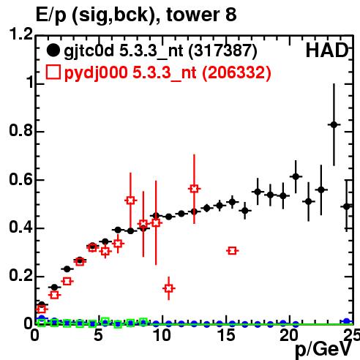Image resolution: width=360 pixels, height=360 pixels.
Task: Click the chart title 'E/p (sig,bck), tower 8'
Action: pos(136,15)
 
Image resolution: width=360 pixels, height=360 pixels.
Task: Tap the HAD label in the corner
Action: pos(327,50)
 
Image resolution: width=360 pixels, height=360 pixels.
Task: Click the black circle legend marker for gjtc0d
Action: pos(53,50)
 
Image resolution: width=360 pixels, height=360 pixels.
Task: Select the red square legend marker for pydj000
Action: pos(53,72)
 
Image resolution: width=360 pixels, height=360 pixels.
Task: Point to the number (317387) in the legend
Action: pos(222,51)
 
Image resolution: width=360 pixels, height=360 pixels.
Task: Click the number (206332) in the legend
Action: pos(236,72)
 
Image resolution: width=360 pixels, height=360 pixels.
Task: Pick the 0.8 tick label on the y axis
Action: pos(21,130)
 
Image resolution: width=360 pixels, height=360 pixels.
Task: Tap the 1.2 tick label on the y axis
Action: pos(21,34)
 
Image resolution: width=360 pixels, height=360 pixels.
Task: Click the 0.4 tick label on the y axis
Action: pos(21,227)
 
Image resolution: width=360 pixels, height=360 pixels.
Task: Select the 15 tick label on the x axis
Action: pos(226,335)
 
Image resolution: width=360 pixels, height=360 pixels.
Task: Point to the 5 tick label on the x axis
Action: pos(98,335)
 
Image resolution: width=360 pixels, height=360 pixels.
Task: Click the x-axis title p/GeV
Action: pos(323,349)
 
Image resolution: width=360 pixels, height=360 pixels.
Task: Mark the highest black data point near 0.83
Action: pos(334,124)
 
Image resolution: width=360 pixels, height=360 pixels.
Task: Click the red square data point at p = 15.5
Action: pos(232,250)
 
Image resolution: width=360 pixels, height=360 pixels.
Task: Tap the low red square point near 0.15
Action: pos(169,288)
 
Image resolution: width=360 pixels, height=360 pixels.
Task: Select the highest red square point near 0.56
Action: pos(194,189)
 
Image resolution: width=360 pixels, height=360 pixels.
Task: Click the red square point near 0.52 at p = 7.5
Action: pos(130,200)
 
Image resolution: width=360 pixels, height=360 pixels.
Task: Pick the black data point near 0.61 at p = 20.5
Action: pos(296,176)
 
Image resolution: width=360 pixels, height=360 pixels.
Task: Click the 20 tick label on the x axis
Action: pos(289,335)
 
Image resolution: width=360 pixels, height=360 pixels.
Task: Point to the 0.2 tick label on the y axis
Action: pos(21,275)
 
